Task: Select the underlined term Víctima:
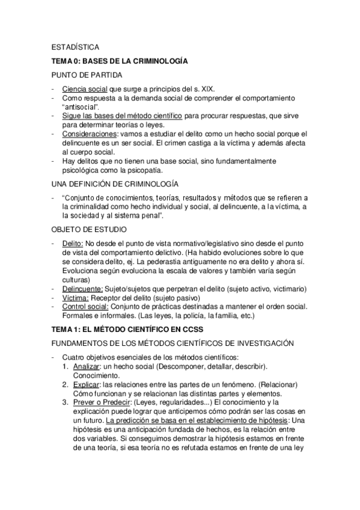[76, 298]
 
